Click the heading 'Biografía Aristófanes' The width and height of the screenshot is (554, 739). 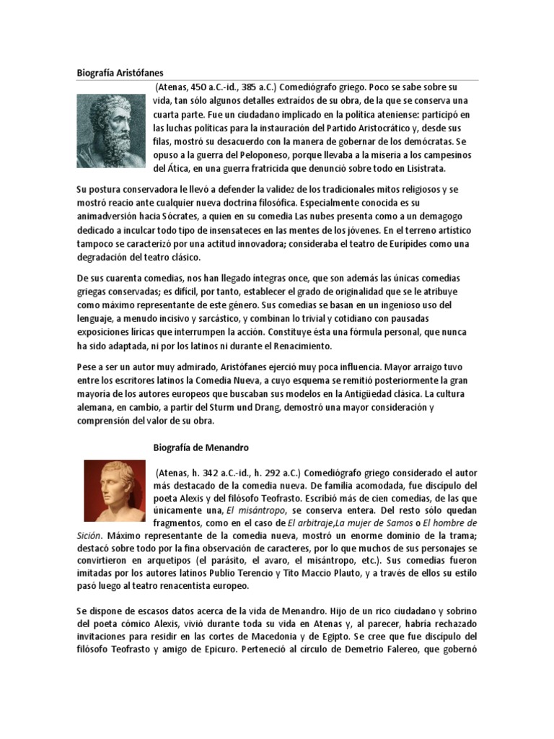[120, 72]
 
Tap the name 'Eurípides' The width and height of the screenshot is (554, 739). [397, 243]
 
